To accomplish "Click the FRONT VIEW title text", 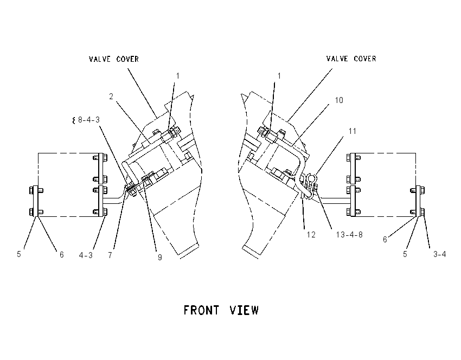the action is [221, 310].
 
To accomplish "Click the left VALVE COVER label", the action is [114, 59].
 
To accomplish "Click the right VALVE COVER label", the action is [351, 59].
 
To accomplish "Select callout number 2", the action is [111, 97].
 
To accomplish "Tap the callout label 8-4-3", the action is [89, 120].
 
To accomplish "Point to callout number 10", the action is [339, 100].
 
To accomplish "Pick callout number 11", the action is [352, 131].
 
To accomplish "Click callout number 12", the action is [311, 235].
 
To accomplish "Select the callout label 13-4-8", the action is [349, 235].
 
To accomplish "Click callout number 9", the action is [160, 258].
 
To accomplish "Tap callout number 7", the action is [110, 255].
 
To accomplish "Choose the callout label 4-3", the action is [86, 255].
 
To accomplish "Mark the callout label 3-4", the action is [439, 254].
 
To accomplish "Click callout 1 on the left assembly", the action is [177, 76].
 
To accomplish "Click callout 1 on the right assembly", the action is [279, 76].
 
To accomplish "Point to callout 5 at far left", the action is [19, 254].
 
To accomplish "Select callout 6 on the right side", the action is [385, 240].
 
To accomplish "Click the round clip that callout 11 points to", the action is [312, 177].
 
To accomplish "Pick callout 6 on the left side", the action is [61, 254].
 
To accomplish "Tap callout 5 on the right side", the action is [405, 254].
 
